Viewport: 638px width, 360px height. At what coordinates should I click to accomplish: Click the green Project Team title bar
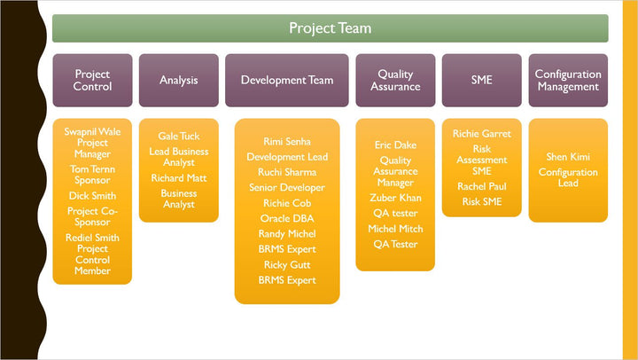click(330, 28)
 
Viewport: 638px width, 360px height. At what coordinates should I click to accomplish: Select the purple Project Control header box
click(92, 81)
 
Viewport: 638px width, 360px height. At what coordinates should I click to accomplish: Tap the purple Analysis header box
click(178, 81)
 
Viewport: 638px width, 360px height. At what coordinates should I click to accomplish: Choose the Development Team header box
click(287, 81)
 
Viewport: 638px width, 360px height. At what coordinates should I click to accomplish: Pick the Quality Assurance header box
click(395, 81)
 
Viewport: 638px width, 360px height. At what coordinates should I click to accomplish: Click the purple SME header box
click(481, 81)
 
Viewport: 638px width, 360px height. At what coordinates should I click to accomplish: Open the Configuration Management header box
click(568, 81)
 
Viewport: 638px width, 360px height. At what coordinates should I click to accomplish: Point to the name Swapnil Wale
click(92, 131)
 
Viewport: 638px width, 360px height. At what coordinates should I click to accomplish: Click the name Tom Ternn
click(92, 168)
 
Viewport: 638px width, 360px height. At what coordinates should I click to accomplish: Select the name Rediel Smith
click(92, 238)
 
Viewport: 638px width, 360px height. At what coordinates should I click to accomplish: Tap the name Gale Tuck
click(179, 137)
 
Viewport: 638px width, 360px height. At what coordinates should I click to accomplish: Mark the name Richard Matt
click(179, 178)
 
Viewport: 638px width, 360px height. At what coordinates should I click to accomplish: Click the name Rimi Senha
click(287, 142)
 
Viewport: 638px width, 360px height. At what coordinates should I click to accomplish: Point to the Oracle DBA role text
click(287, 218)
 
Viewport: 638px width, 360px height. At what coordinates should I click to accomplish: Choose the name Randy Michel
click(287, 234)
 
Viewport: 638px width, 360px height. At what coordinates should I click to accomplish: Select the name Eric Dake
click(395, 145)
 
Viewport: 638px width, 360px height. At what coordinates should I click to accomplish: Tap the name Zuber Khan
click(395, 198)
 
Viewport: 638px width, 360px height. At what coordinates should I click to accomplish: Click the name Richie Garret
click(482, 134)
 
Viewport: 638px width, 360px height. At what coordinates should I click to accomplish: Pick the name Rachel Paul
click(482, 187)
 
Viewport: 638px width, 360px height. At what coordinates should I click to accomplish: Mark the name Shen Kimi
click(568, 157)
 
